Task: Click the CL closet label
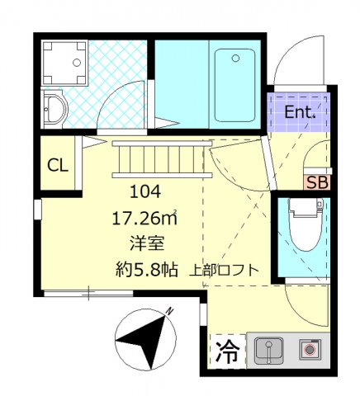(57, 164)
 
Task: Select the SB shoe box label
(316, 182)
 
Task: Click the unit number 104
(145, 192)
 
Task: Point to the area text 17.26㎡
(144, 219)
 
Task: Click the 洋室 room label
(145, 243)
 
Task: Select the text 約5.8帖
(145, 270)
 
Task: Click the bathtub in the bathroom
(235, 82)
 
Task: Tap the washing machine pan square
(62, 62)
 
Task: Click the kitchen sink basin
(268, 351)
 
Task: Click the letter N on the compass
(168, 312)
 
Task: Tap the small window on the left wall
(36, 209)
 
